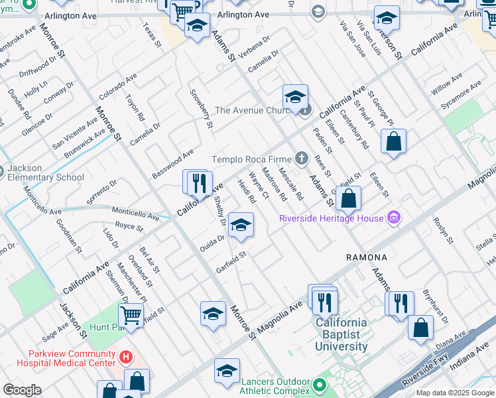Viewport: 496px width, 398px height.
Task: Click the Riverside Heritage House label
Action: point(332,218)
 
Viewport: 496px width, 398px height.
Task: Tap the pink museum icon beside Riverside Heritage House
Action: point(394,218)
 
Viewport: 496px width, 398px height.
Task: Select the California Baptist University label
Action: point(341,335)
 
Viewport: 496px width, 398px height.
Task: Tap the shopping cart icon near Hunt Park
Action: point(131,315)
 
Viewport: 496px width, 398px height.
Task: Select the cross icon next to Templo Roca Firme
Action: point(302,158)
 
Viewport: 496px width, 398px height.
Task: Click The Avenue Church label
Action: point(254,111)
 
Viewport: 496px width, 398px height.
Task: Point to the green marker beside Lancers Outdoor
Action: point(320,385)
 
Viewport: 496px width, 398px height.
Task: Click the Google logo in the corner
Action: point(22,390)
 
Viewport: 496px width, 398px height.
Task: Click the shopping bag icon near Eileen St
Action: point(393,141)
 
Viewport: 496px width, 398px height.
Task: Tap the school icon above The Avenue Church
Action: point(295,97)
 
